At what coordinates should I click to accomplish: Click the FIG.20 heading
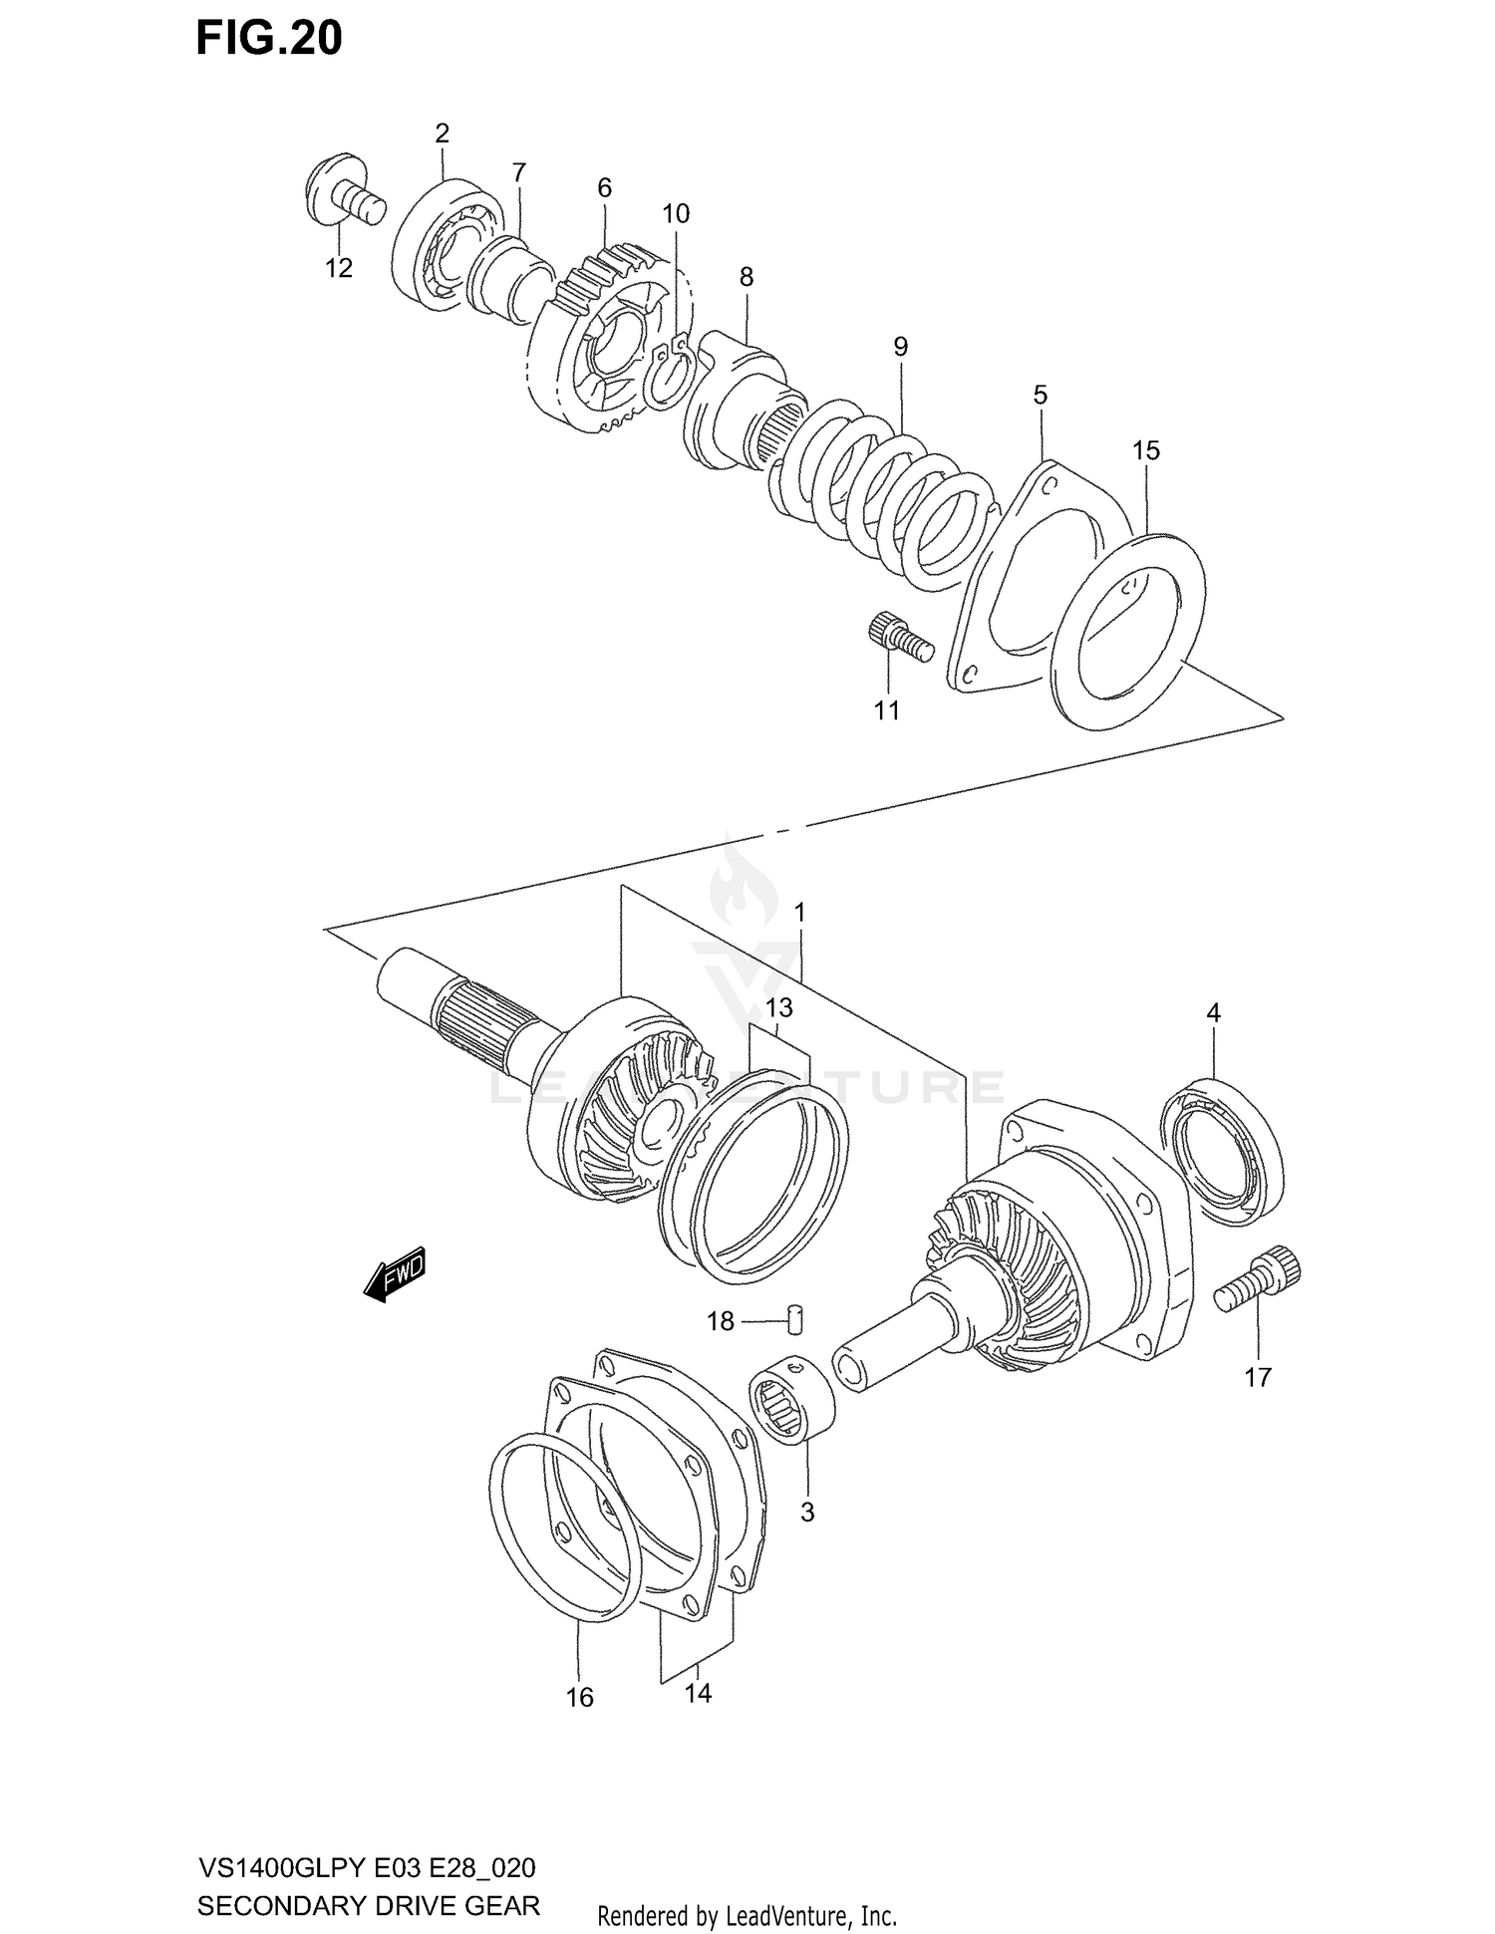[x=269, y=38]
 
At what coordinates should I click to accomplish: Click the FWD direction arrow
[x=396, y=1274]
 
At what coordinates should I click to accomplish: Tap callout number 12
[x=339, y=268]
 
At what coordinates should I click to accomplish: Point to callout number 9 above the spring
[x=900, y=347]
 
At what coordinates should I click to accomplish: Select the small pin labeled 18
[x=795, y=1318]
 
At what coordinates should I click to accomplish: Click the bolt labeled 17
[x=1259, y=1284]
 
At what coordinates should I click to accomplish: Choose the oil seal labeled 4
[x=1223, y=1151]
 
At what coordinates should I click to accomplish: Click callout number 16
[x=579, y=1697]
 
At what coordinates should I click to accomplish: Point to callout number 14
[x=698, y=1693]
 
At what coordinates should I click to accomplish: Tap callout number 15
[x=1146, y=450]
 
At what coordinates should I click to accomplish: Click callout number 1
[x=799, y=912]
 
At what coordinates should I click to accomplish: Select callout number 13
[x=779, y=1007]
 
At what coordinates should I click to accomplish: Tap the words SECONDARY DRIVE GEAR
[x=369, y=1906]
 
